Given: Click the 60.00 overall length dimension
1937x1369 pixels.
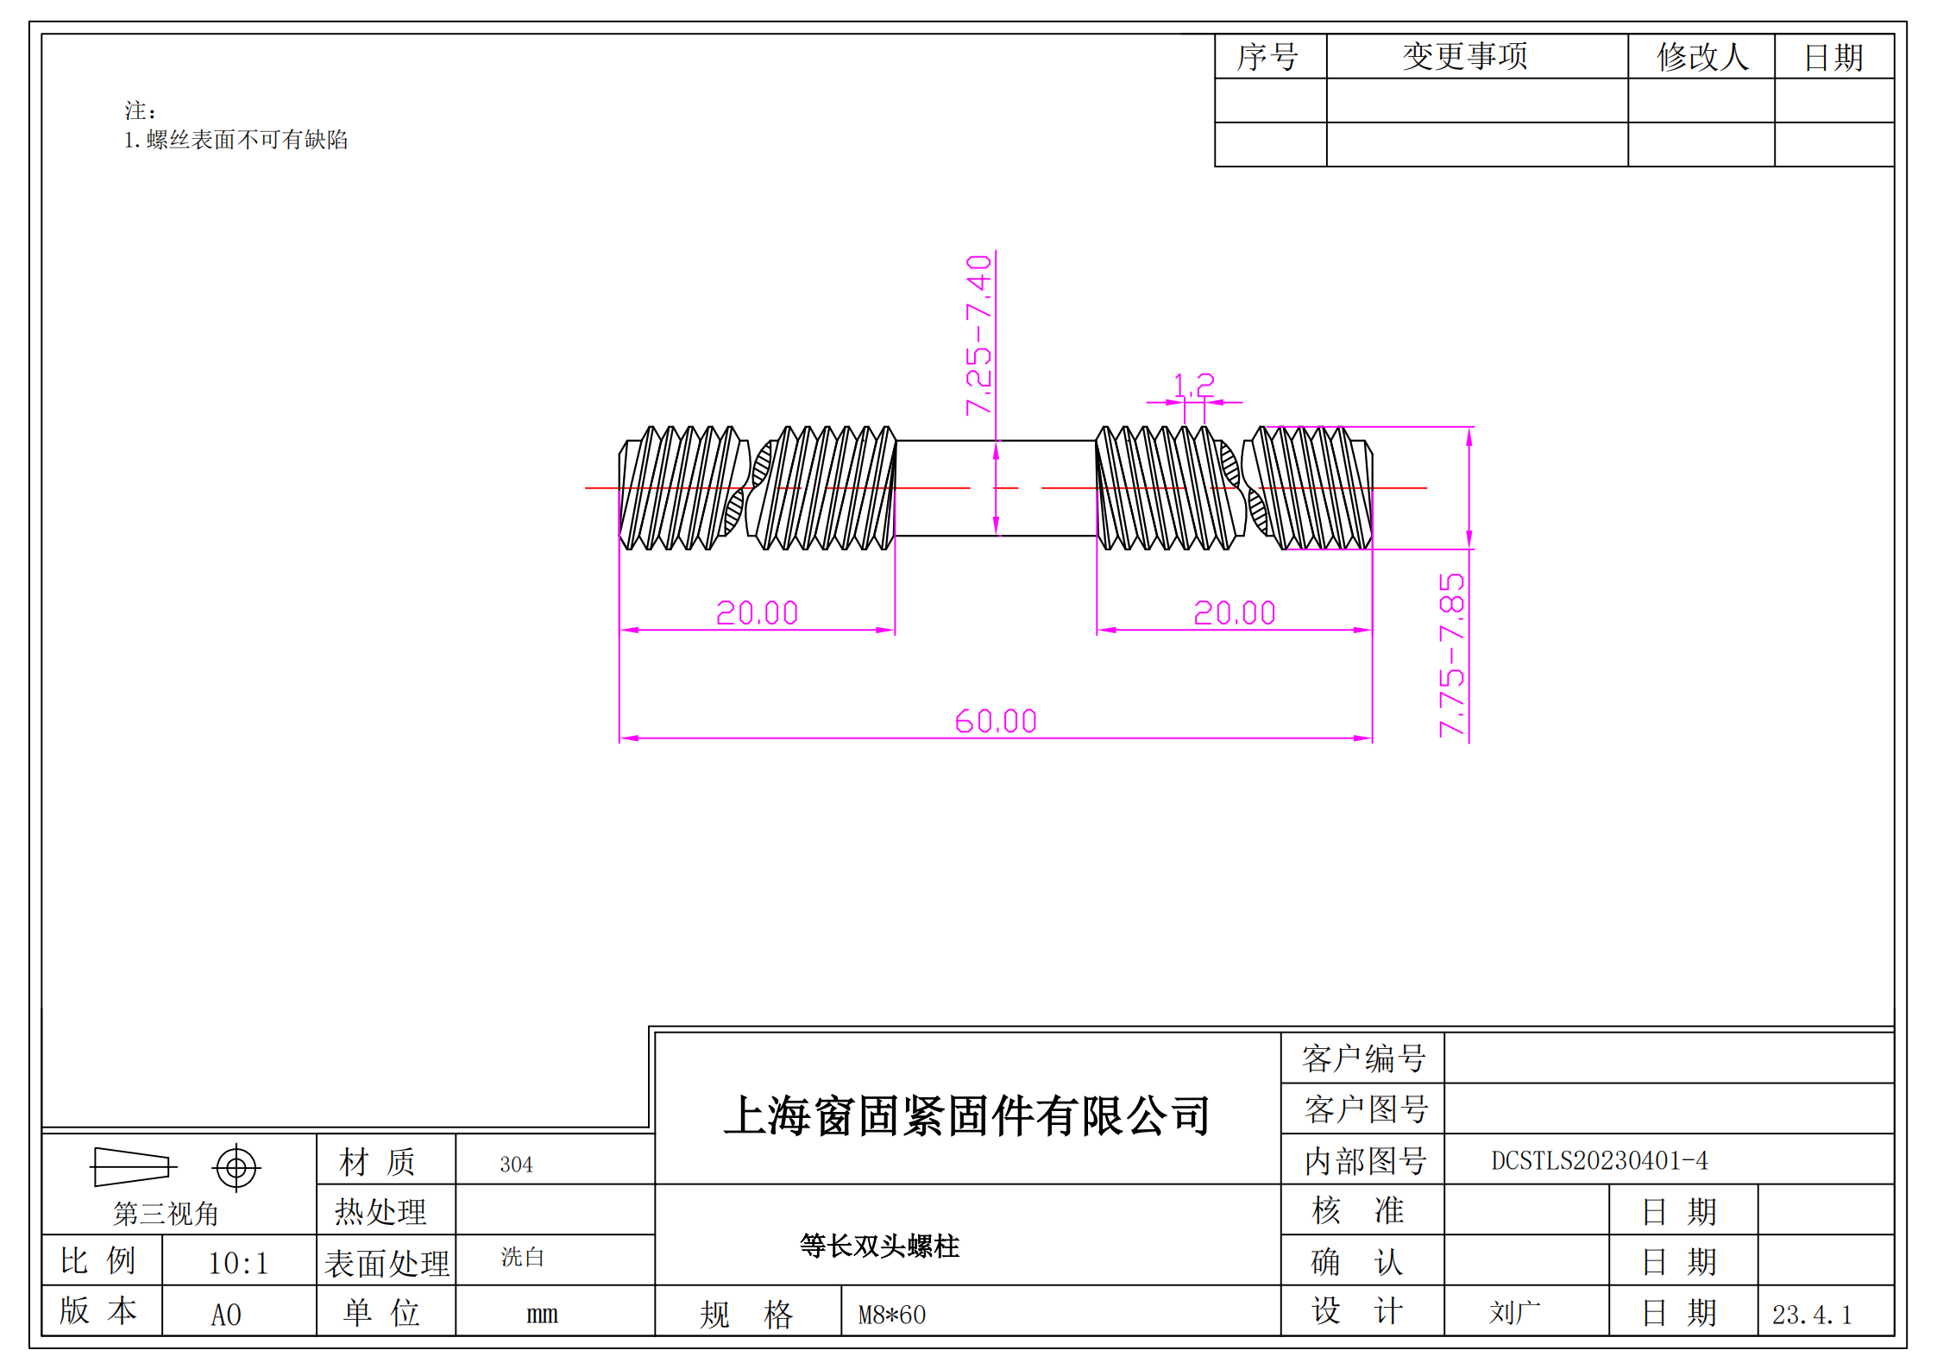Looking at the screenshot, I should [x=995, y=721].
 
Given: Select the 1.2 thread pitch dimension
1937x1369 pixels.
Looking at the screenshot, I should [x=1193, y=385].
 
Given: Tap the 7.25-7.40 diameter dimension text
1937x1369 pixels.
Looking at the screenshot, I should [x=979, y=335].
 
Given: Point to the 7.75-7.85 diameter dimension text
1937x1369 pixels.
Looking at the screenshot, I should [x=1452, y=655].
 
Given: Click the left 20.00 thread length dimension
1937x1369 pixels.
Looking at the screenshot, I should [x=757, y=613].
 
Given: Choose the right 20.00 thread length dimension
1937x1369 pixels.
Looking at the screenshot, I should [x=1234, y=613].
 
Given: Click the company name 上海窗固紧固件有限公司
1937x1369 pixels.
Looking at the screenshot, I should [x=967, y=1115].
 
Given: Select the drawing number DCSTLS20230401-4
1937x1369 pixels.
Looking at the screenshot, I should [x=1599, y=1160].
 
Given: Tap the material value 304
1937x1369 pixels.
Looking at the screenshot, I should [x=516, y=1165].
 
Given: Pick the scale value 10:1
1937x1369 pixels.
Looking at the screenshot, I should [x=238, y=1264].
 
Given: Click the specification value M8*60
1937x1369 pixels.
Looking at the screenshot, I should [x=891, y=1315].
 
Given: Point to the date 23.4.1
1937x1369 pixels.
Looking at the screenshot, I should [x=1812, y=1315].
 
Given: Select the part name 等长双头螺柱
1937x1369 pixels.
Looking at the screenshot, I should [x=879, y=1246].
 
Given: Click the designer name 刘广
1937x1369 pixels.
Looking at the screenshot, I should [x=1514, y=1313].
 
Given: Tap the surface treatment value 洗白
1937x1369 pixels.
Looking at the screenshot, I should [x=522, y=1257].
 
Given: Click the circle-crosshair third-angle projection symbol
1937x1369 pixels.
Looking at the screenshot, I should [x=236, y=1168].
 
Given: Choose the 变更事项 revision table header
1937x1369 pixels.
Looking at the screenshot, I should [x=1464, y=57].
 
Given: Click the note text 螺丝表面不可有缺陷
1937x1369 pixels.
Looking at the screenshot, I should [x=246, y=140].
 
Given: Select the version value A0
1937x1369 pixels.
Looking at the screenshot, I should [x=226, y=1315].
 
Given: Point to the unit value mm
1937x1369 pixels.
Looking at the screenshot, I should [x=542, y=1315].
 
